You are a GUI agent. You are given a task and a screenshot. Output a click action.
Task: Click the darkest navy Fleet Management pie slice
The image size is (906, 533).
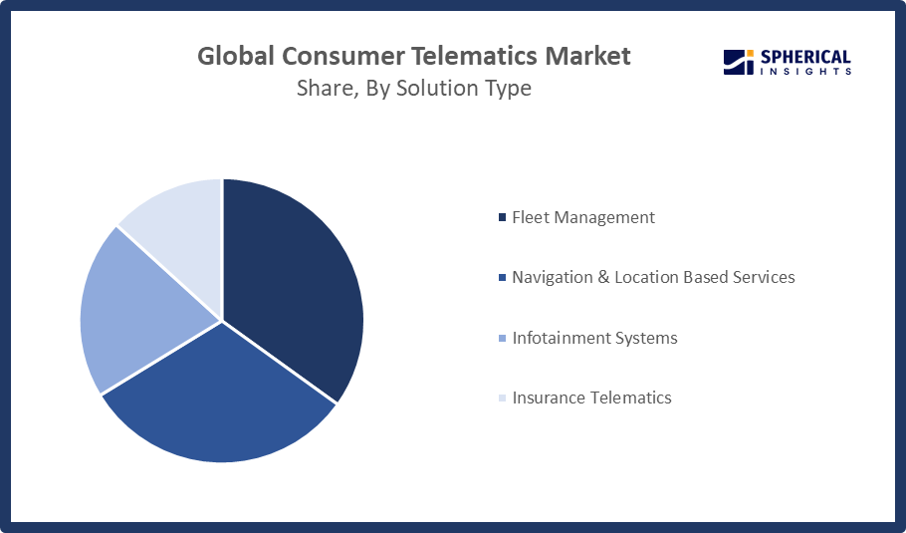point(294,279)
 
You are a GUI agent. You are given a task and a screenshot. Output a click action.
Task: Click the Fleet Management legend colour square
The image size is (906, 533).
point(502,217)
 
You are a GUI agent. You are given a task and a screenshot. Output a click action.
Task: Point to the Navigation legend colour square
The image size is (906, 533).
point(502,277)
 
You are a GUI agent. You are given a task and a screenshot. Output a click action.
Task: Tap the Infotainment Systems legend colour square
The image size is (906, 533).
point(502,338)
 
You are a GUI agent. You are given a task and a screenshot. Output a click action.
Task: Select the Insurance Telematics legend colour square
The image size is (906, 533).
point(502,398)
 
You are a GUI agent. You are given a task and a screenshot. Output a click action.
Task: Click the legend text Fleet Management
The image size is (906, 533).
point(583,217)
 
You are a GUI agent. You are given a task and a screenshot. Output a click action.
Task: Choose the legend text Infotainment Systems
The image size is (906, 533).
point(594,338)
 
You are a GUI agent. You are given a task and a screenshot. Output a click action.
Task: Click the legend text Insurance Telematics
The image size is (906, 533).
point(591,398)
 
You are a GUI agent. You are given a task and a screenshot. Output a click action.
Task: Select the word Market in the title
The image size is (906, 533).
point(592,56)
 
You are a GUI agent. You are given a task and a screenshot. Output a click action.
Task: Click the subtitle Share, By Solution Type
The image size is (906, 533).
point(414,89)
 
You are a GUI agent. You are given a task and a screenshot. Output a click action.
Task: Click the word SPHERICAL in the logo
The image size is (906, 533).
point(805,57)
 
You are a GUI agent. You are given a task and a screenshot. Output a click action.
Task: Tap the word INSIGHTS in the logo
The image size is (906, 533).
point(805,72)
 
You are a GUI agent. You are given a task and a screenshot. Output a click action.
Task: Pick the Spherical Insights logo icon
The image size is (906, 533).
point(737,63)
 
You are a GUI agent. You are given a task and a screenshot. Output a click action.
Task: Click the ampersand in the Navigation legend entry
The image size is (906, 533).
point(602,277)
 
